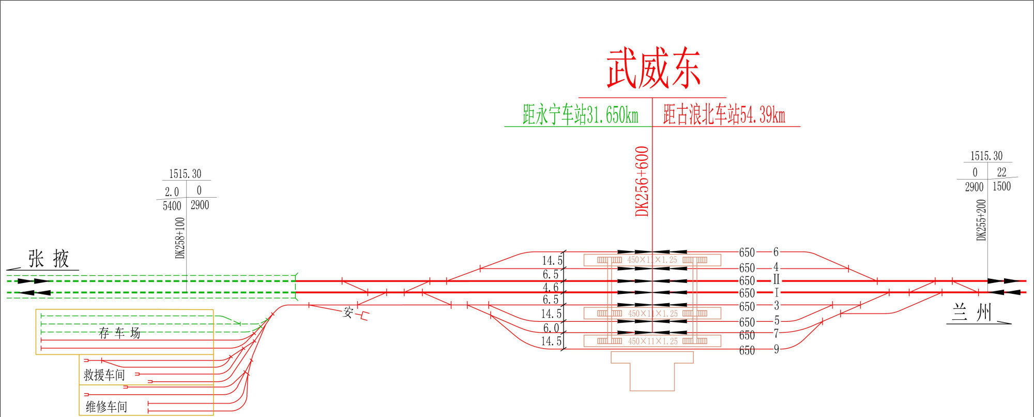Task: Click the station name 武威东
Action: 653,69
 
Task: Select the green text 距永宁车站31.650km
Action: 580,114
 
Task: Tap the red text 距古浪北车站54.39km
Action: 724,114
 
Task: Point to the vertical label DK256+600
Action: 642,181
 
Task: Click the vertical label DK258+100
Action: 180,237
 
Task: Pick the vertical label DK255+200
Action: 981,220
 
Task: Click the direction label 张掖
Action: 49,259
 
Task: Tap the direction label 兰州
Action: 972,313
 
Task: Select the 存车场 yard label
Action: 119,333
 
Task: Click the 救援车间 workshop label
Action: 104,375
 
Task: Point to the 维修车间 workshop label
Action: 107,407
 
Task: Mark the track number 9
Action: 776,349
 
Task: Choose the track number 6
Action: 776,252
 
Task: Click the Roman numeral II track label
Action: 776,280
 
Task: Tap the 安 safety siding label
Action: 348,312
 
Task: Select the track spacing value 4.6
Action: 550,287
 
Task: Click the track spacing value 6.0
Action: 551,328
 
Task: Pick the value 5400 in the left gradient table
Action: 172,206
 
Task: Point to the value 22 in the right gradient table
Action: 1001,172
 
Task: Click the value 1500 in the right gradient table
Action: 1001,186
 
